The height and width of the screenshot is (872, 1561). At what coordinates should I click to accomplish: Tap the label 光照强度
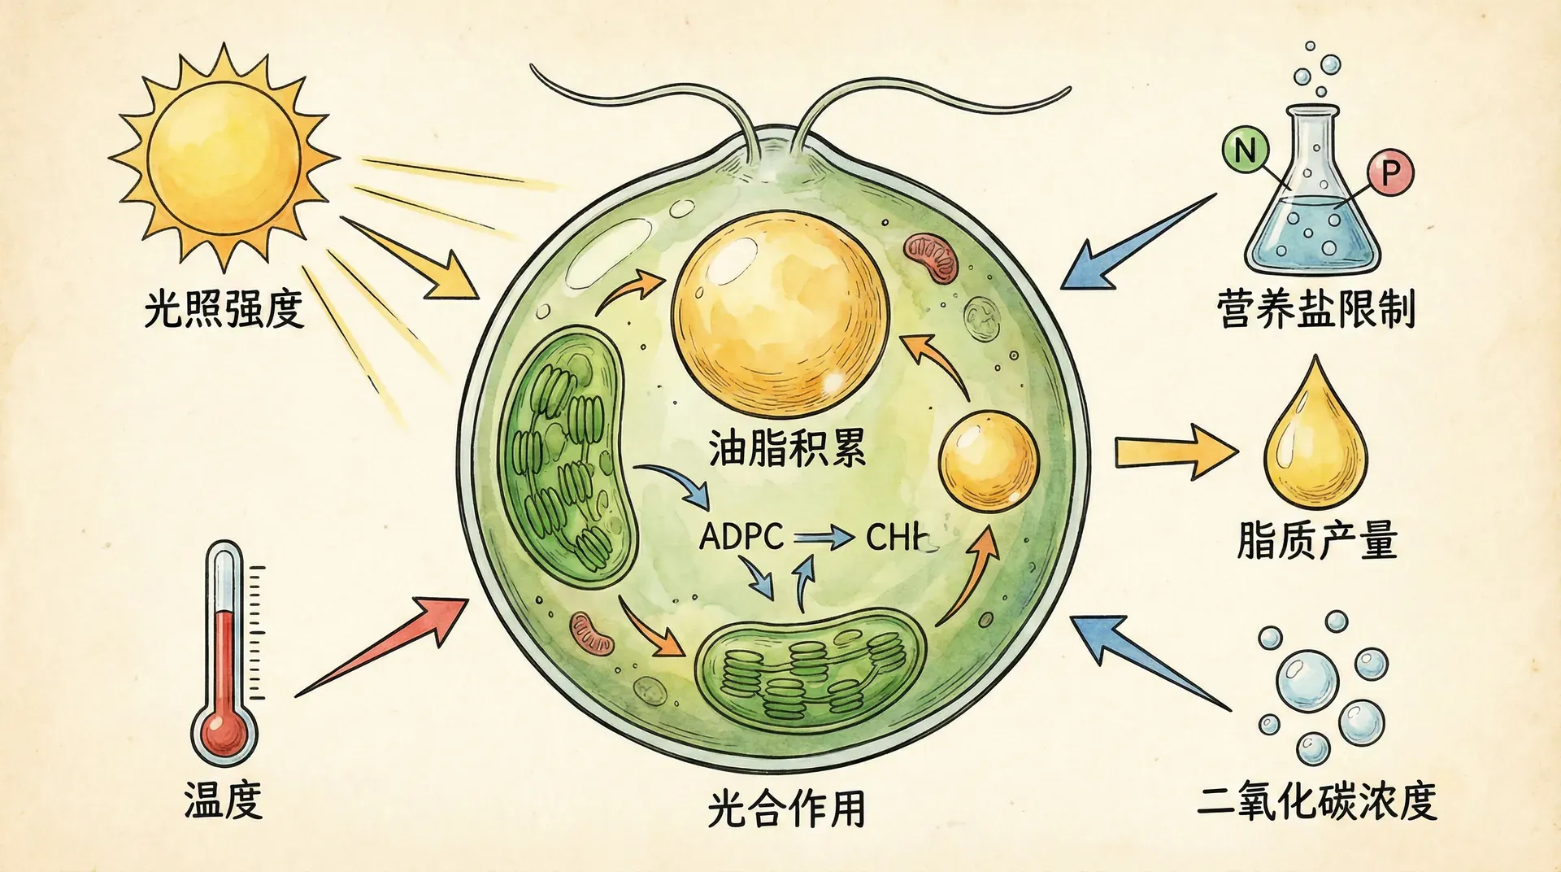click(224, 309)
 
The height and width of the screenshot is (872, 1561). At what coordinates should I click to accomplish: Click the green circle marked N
click(1245, 150)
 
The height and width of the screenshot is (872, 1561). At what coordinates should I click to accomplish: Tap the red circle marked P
click(1390, 172)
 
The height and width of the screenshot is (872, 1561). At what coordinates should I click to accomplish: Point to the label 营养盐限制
click(1316, 309)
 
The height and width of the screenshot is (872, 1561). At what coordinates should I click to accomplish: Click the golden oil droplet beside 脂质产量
click(1315, 443)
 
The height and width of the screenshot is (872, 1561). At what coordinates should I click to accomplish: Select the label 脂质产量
click(1317, 540)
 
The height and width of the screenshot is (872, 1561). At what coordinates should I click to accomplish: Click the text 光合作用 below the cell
click(786, 809)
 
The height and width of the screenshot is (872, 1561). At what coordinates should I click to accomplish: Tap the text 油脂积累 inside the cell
click(786, 448)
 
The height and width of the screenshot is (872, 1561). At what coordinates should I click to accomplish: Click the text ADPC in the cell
click(741, 537)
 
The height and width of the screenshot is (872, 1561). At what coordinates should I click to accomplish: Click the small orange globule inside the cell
click(989, 461)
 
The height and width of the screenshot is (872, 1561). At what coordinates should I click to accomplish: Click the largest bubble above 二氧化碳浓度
click(1307, 680)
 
